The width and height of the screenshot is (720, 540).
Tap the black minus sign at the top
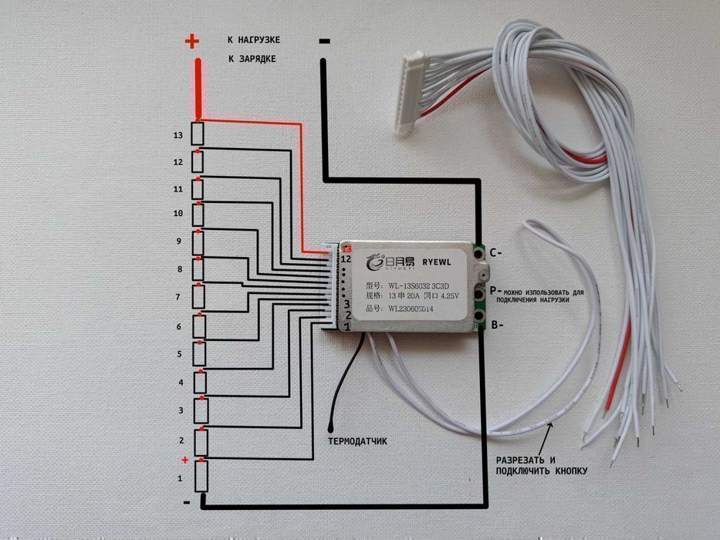(x=324, y=41)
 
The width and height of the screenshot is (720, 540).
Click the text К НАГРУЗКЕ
(x=253, y=39)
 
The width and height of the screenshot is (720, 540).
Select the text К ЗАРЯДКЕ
(x=252, y=59)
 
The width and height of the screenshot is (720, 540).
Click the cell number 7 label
(x=177, y=296)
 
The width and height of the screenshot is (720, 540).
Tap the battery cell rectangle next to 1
(x=201, y=474)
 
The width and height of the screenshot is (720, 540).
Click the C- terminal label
(x=496, y=253)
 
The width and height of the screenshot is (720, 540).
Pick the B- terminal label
(x=496, y=325)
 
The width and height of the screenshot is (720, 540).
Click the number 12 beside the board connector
(x=346, y=260)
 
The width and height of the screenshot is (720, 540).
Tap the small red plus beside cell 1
(x=184, y=461)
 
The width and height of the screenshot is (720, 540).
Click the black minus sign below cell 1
(x=187, y=502)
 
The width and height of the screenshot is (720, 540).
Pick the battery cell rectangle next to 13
(x=198, y=133)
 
